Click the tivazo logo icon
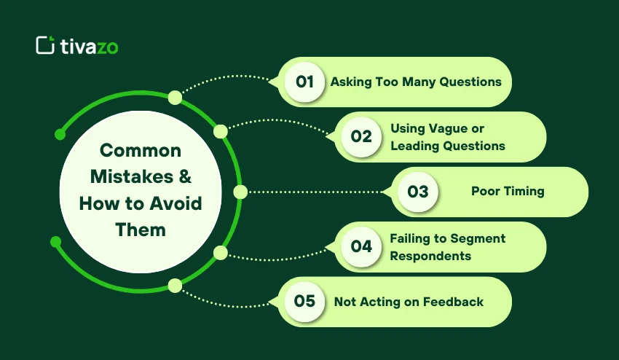(x=45, y=45)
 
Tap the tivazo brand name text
(x=90, y=47)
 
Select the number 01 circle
(x=304, y=82)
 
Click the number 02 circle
(x=361, y=137)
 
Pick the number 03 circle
(x=418, y=192)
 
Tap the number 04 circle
(x=361, y=246)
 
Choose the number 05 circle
(x=304, y=302)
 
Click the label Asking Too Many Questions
(x=416, y=82)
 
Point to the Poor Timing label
(x=508, y=191)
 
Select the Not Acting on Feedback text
(x=409, y=302)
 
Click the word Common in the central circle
(x=141, y=151)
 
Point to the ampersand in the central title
(x=185, y=176)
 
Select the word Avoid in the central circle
(x=176, y=203)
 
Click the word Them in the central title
(x=141, y=230)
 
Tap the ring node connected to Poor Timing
(x=240, y=192)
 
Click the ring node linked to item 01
(x=176, y=98)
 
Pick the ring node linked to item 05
(x=176, y=286)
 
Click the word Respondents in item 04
(x=430, y=256)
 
